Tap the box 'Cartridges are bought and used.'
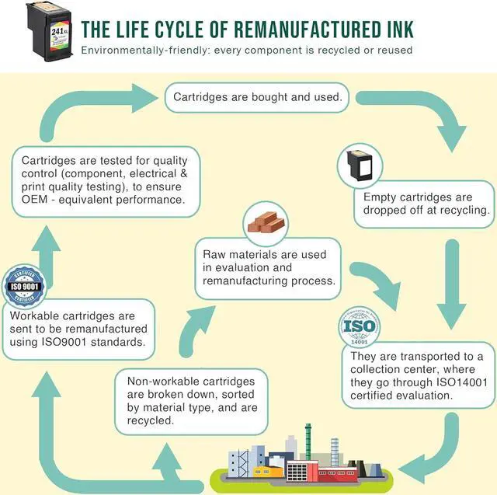(257, 97)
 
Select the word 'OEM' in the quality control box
(33, 200)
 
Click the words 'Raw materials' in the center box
(243, 254)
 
